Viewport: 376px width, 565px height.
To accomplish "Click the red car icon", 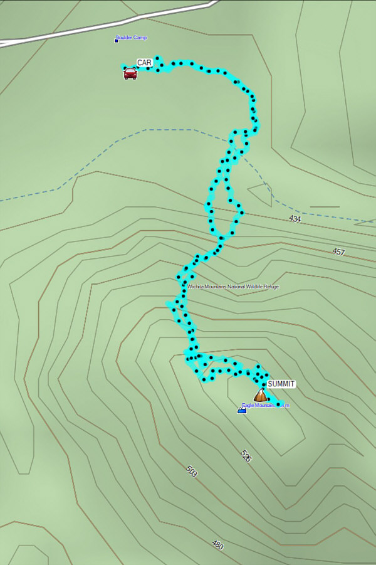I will coord(130,73).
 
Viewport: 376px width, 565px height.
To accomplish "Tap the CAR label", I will coord(144,63).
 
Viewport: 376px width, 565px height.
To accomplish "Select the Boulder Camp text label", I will coord(132,38).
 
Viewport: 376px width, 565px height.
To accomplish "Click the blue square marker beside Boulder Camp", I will coord(116,41).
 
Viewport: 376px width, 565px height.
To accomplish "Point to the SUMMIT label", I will coord(281,383).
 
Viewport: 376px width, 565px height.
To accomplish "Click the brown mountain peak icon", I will coord(261,395).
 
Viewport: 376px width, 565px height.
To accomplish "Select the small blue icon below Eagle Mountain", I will coord(242,411).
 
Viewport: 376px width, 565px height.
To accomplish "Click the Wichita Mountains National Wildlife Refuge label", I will coord(232,287).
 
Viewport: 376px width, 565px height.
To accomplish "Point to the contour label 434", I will coord(295,219).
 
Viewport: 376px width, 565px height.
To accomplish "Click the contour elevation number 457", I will coord(338,251).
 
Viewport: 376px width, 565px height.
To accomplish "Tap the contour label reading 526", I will coord(246,456).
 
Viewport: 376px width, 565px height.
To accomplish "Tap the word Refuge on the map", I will coord(271,287).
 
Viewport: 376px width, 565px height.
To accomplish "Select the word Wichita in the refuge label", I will coord(196,287).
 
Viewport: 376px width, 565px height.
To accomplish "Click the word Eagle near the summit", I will coord(248,406).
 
